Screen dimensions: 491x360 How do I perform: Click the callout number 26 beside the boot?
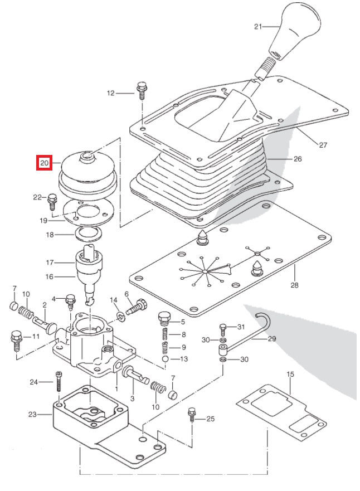[298, 159]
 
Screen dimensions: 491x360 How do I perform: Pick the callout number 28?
[294, 285]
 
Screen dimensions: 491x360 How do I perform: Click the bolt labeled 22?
[53, 200]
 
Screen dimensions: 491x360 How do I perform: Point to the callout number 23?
[32, 414]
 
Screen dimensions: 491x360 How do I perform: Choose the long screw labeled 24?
[58, 385]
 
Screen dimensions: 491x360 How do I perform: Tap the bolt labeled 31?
[222, 329]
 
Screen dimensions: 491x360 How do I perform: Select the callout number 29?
[271, 338]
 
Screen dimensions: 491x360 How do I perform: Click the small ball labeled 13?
[166, 359]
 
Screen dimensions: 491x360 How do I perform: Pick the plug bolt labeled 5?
[163, 319]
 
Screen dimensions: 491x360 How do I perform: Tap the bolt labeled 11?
[16, 338]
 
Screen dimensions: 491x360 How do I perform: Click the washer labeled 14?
[121, 317]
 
